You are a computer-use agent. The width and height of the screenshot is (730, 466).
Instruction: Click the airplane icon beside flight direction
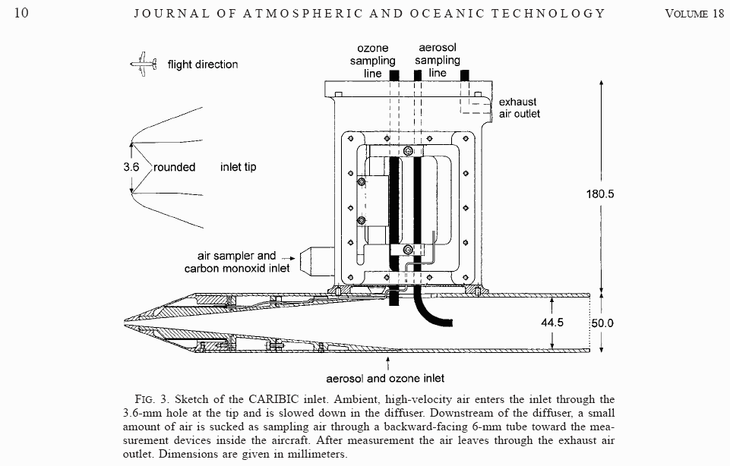(x=143, y=64)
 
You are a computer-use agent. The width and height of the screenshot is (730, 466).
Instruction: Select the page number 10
(x=21, y=13)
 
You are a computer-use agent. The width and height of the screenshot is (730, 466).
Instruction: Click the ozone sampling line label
(x=372, y=61)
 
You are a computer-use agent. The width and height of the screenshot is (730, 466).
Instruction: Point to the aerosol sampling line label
(x=438, y=60)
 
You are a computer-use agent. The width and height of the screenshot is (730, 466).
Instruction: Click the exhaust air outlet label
(x=520, y=108)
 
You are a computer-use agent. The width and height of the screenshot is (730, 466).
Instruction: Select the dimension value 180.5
(x=599, y=194)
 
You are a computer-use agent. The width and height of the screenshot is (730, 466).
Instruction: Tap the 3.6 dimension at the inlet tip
(x=131, y=167)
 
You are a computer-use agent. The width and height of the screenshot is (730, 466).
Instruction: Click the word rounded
(x=175, y=167)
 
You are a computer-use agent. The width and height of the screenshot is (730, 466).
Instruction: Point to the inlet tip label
(x=238, y=167)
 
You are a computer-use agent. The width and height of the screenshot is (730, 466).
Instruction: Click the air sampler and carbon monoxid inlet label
(x=237, y=263)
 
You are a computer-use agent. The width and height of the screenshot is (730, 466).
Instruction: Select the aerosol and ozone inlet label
(x=385, y=377)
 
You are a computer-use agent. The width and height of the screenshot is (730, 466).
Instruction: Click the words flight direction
(x=203, y=65)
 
